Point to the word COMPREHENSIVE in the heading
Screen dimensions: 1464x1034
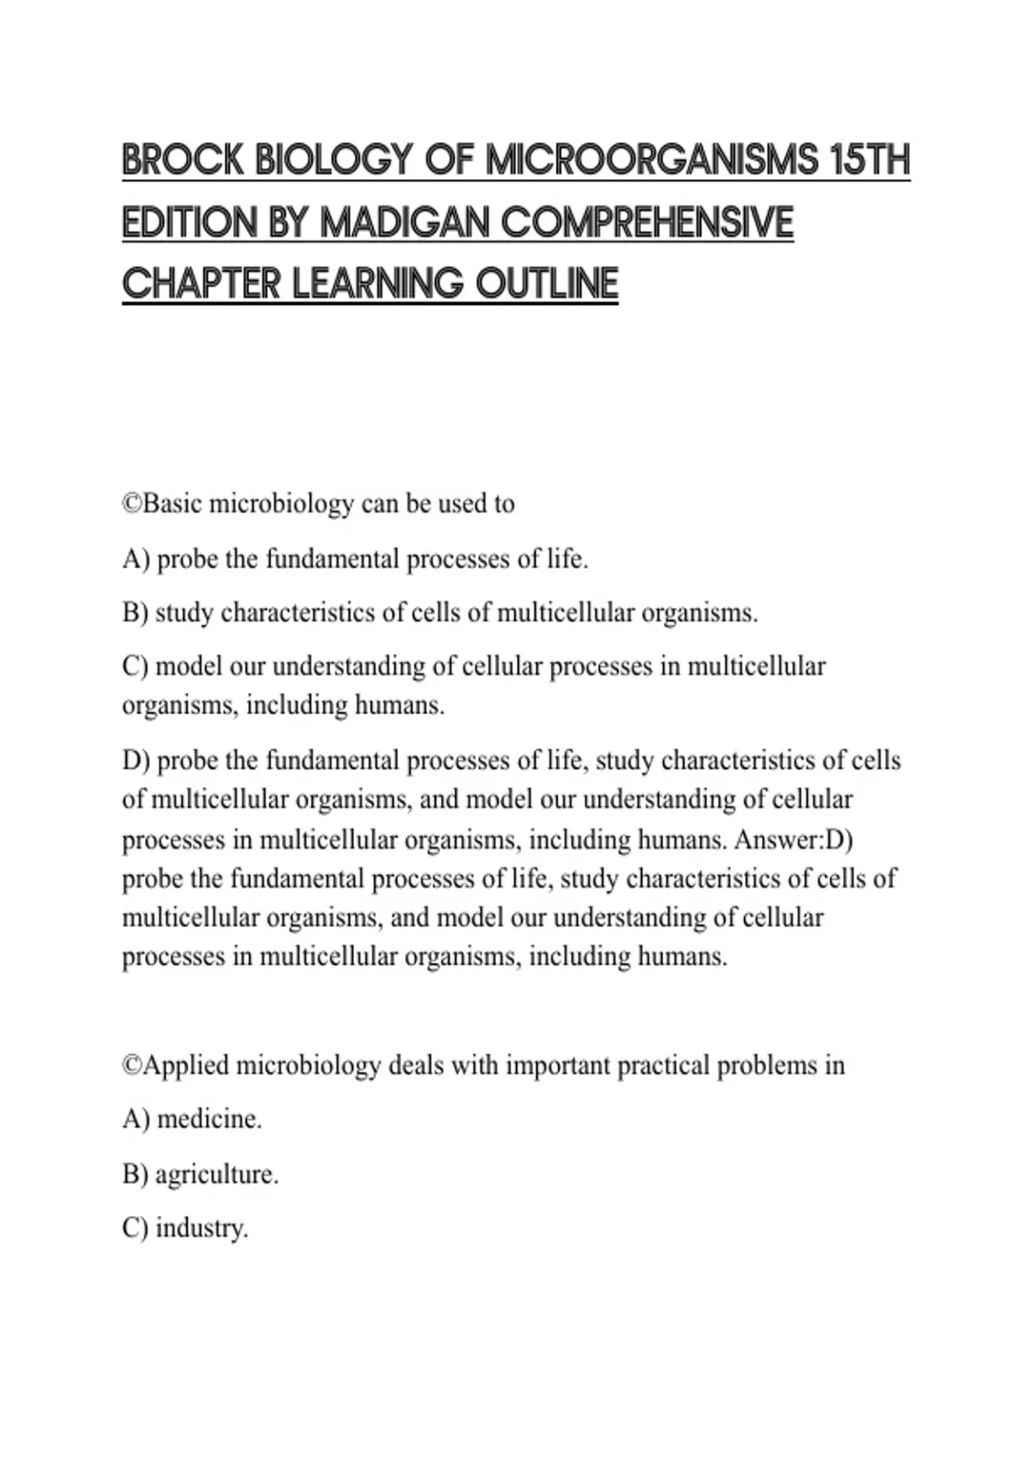pyautogui.click(x=646, y=222)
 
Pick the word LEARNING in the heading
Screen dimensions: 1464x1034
pyautogui.click(x=378, y=283)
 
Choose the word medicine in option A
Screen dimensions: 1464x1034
pyautogui.click(x=209, y=1120)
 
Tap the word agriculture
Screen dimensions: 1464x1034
pyautogui.click(x=216, y=1175)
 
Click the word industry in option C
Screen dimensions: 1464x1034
pyautogui.click(x=202, y=1228)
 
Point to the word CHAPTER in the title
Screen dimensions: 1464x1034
pyautogui.click(x=201, y=283)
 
